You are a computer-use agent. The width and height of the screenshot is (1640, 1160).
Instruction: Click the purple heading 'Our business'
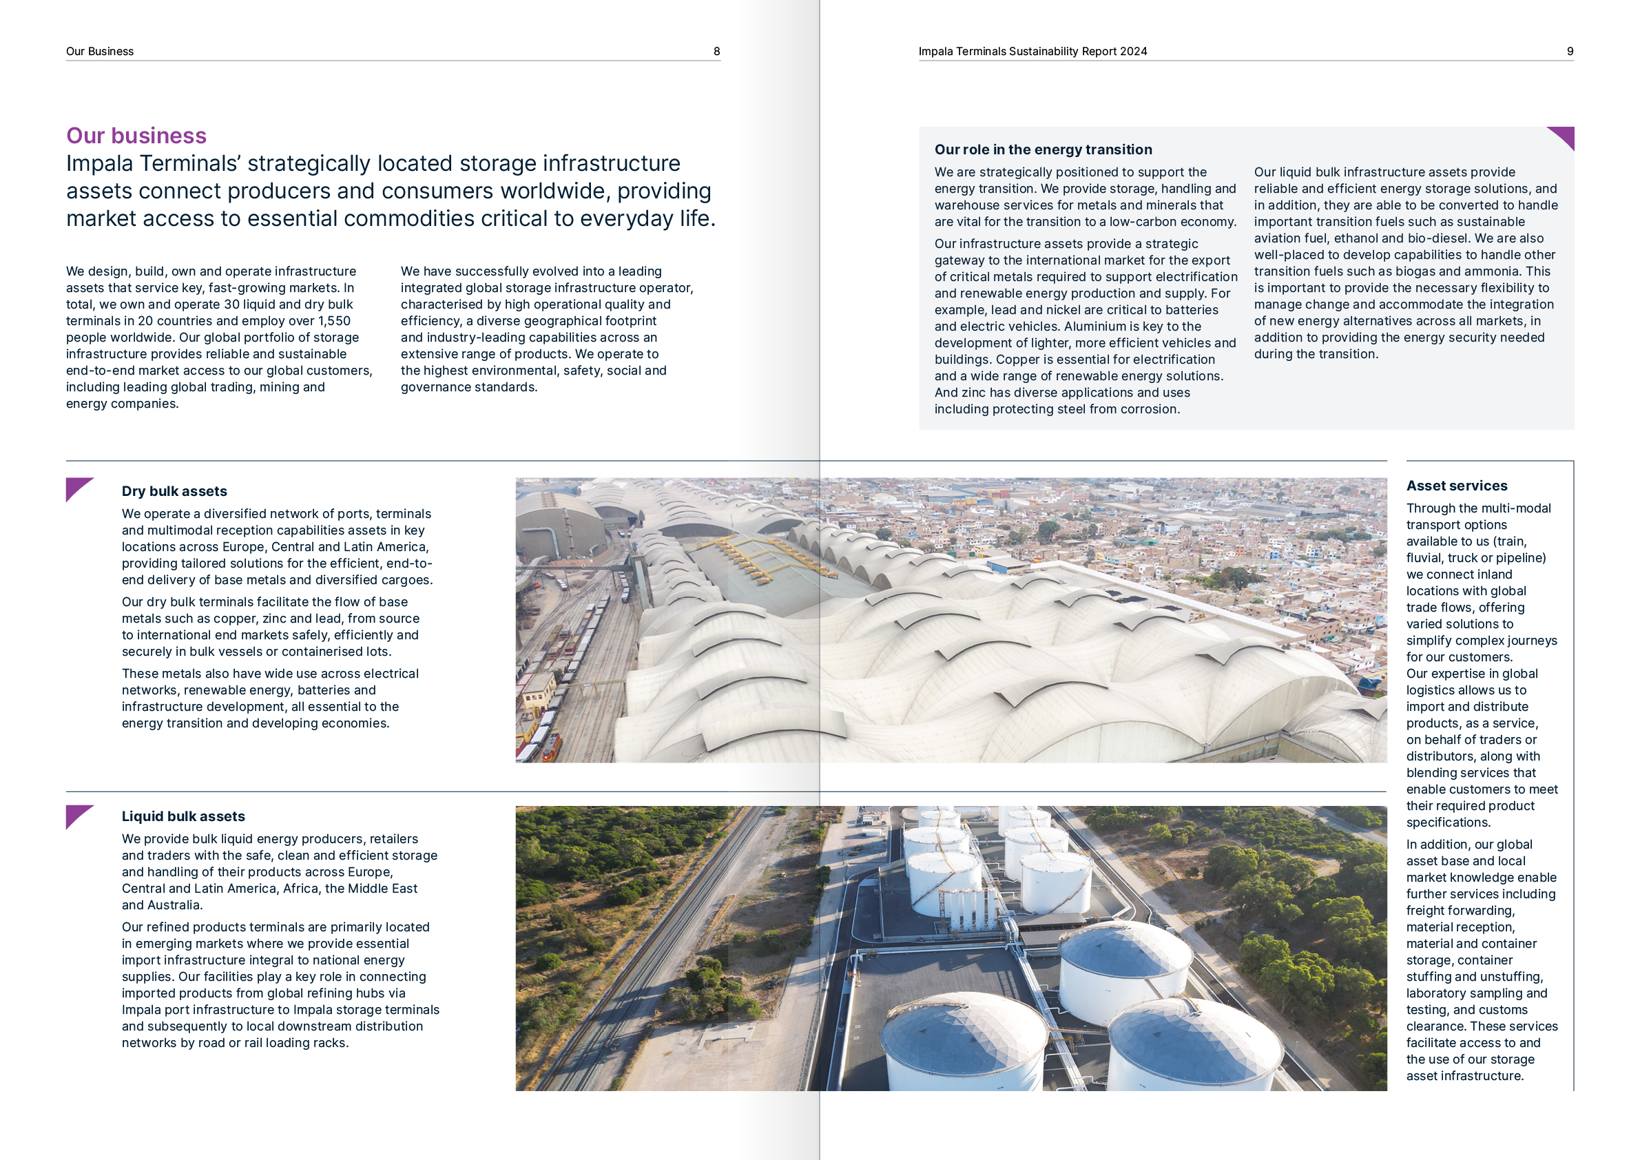(136, 136)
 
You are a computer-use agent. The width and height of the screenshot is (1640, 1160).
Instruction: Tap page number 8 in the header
(716, 52)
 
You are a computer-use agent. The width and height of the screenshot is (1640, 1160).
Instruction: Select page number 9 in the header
(1570, 52)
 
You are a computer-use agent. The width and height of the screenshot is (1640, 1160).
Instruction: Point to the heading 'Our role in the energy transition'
(1043, 149)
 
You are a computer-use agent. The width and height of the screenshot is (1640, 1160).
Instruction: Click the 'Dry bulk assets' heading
(174, 491)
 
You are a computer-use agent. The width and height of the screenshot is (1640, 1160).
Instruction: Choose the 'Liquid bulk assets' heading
(183, 816)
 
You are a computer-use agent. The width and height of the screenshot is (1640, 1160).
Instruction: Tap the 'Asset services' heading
(1456, 486)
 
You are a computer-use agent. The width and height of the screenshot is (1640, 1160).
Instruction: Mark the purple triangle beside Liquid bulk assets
(77, 814)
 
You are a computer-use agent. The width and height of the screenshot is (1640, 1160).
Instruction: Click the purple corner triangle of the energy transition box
(1564, 136)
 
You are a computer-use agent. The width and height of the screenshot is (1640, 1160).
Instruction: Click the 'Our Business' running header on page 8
(100, 52)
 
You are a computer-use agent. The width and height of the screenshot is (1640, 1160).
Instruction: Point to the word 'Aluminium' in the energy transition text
(1094, 327)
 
